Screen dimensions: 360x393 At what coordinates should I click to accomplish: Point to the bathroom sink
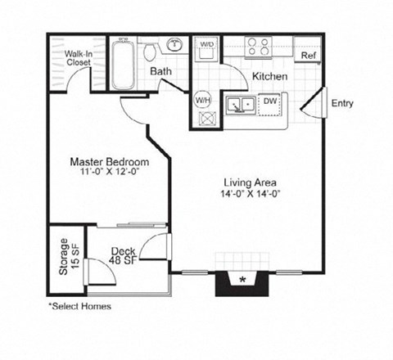pos(175,44)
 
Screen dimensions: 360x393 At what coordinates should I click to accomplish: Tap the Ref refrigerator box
pos(308,56)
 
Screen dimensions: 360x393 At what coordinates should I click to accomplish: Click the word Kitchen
pos(269,77)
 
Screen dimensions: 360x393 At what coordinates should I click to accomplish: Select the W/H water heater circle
pos(203,101)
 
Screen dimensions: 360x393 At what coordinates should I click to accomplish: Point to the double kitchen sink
pos(240,105)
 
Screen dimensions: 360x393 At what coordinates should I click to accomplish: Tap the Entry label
pos(341,103)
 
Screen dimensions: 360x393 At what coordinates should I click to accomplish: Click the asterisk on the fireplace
pos(242,281)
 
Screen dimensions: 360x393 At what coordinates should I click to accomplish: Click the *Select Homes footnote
pos(79,306)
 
